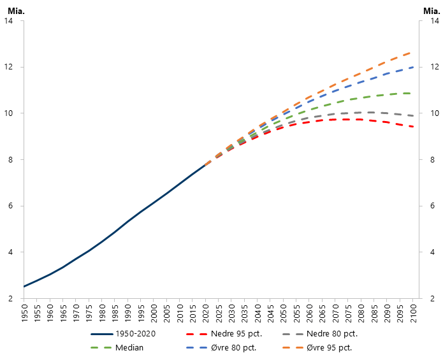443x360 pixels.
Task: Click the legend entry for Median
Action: coord(129,348)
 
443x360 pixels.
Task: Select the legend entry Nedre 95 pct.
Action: coord(232,333)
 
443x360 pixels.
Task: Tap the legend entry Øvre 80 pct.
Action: coord(231,348)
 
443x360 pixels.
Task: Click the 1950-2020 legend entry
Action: coord(136,333)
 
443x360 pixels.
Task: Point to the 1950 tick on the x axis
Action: coord(24,313)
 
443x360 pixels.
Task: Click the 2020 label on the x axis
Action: coord(205,313)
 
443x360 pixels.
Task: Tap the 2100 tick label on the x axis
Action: coord(413,313)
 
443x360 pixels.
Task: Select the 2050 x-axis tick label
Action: coord(283,313)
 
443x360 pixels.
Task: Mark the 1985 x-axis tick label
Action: coord(115,313)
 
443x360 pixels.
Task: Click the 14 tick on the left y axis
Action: coord(9,21)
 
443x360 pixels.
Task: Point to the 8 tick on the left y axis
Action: coord(11,160)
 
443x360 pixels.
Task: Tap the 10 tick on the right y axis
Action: coord(432,113)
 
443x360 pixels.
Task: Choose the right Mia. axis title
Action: coord(431,8)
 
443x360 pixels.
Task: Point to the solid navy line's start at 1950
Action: coord(24,287)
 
